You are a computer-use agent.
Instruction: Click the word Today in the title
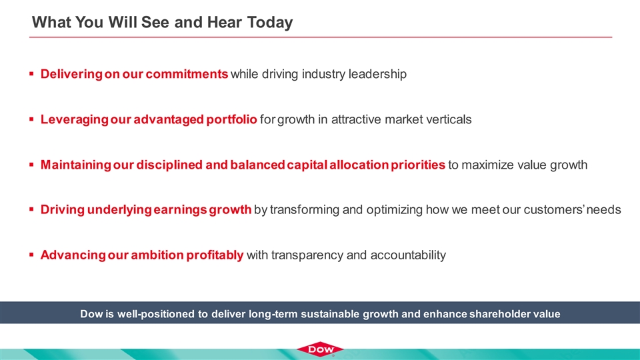(x=270, y=23)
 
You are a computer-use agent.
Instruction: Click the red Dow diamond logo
(x=320, y=349)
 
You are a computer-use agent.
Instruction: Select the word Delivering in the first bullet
(x=71, y=74)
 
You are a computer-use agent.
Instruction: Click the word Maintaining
(x=75, y=165)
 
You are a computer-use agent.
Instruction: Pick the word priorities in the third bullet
(x=417, y=165)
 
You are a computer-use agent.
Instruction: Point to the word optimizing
(x=394, y=210)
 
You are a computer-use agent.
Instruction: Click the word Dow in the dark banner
(x=89, y=314)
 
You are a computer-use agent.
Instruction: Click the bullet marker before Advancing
(x=31, y=255)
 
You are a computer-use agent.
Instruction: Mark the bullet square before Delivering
(x=31, y=74)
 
